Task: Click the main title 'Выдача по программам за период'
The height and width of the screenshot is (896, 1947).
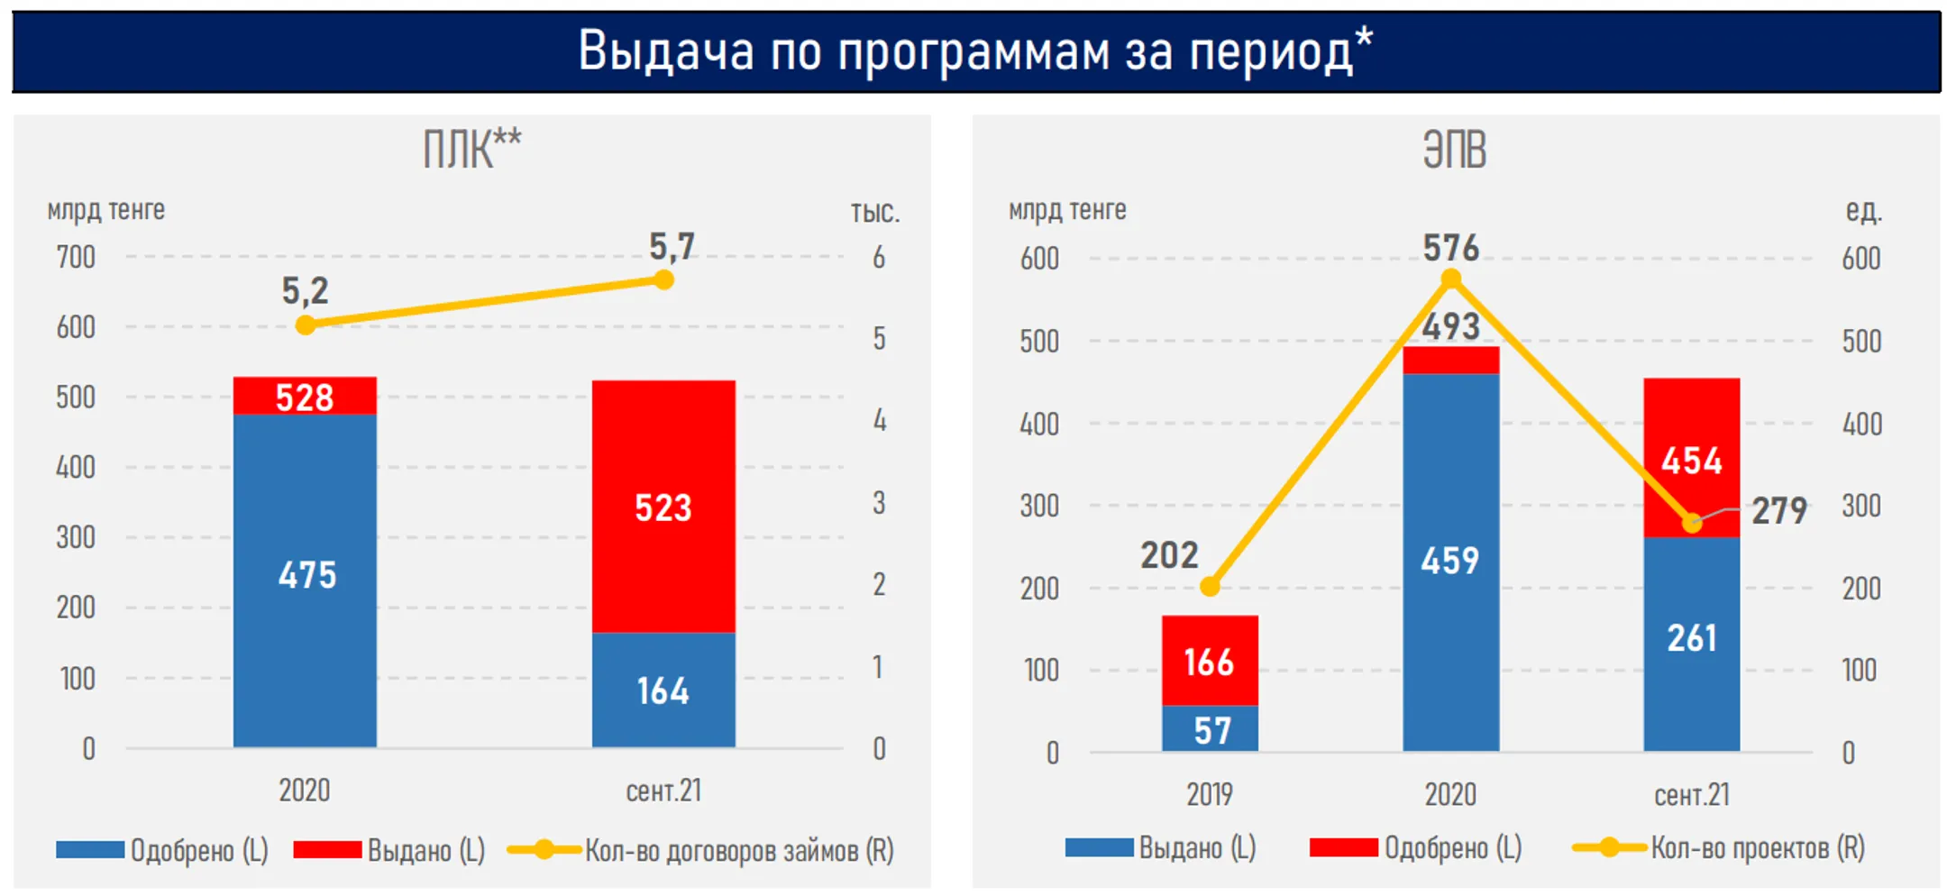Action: [x=975, y=50]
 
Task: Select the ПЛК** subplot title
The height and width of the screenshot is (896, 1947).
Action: [x=471, y=150]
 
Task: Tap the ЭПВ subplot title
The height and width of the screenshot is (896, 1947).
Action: [x=1454, y=150]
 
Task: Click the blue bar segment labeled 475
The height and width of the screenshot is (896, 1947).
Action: [x=305, y=577]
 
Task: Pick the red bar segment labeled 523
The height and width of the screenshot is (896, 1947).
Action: [x=663, y=507]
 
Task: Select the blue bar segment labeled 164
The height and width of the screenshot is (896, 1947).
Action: [x=663, y=690]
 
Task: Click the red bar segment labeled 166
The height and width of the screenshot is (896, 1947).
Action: [x=1209, y=661]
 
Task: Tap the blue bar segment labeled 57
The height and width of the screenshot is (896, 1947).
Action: [x=1210, y=729]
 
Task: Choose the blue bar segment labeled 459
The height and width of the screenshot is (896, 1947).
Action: [x=1450, y=561]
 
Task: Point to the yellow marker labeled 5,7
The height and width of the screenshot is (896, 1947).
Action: [x=663, y=280]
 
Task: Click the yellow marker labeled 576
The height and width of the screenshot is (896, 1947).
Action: [x=1450, y=279]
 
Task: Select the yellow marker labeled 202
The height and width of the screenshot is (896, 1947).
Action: [x=1210, y=587]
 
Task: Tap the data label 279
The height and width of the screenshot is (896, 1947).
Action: [x=1778, y=511]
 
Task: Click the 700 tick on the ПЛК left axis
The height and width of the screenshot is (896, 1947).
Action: [x=76, y=258]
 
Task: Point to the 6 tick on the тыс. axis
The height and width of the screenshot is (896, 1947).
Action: [x=878, y=259]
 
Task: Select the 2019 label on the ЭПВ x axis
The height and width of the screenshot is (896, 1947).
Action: [x=1209, y=794]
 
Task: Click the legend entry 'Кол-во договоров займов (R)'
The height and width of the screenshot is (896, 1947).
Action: [x=738, y=850]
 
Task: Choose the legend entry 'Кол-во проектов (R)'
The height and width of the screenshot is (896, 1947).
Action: [x=1757, y=847]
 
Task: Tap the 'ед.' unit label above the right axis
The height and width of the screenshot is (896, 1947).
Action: [x=1863, y=210]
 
